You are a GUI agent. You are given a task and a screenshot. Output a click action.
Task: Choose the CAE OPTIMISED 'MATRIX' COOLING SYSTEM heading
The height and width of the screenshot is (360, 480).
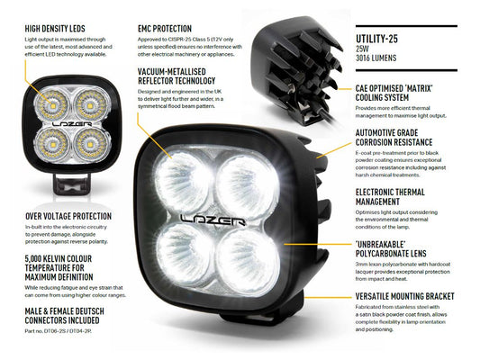[395, 94]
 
